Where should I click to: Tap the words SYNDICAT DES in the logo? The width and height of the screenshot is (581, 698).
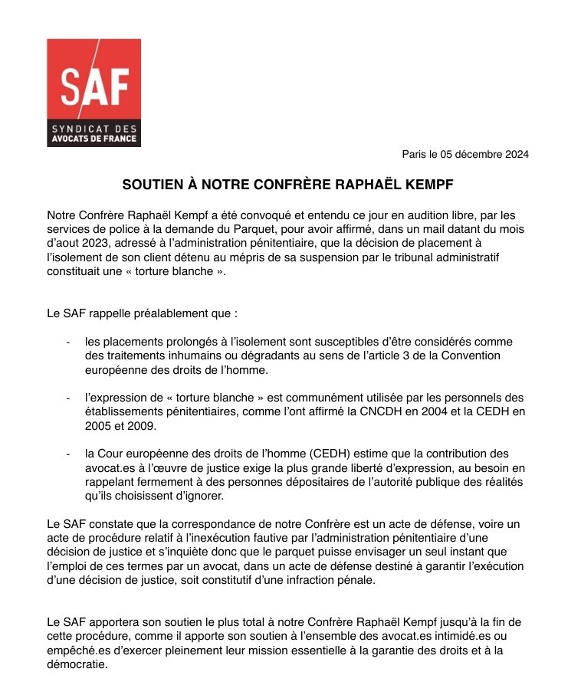(94, 128)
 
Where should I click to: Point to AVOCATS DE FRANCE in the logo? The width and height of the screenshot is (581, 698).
(94, 139)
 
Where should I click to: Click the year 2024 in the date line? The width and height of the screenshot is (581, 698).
(515, 154)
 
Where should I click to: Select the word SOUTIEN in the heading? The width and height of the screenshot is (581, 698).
(152, 185)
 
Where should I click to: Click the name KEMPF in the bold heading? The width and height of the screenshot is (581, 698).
(430, 185)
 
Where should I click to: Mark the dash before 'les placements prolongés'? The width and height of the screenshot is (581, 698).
(69, 342)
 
